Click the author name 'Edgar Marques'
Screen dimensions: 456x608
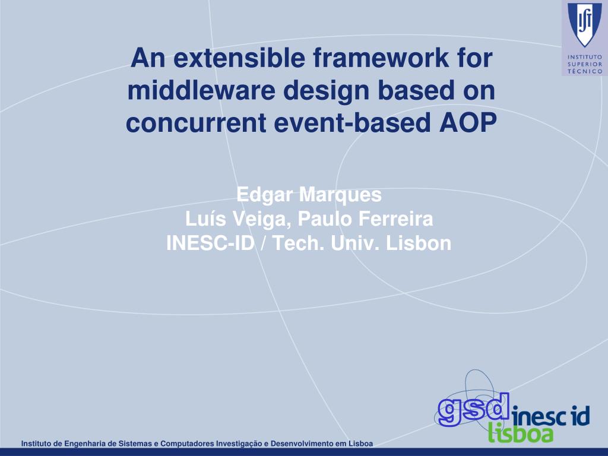coord(309,195)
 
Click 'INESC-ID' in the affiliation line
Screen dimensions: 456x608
coord(210,243)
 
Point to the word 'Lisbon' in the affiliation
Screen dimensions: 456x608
coord(419,243)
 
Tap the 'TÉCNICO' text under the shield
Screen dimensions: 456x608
coord(585,71)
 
